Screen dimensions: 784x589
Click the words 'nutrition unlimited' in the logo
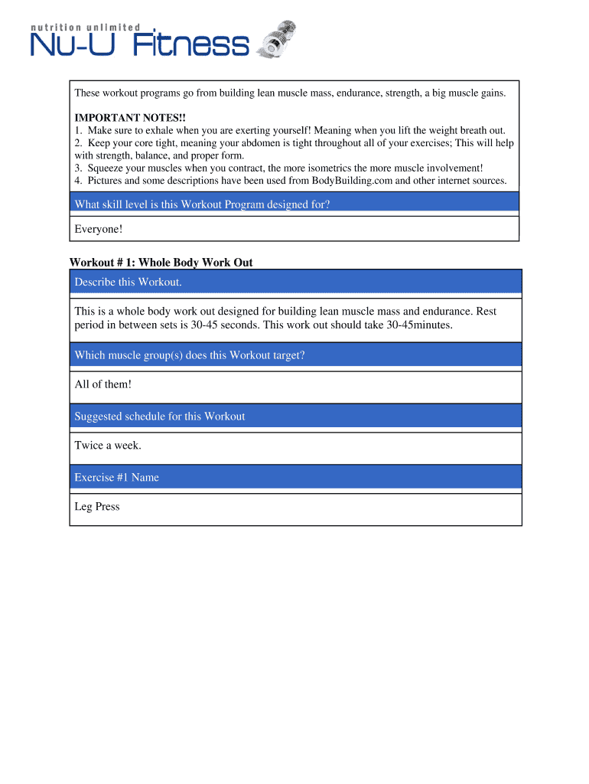(x=85, y=27)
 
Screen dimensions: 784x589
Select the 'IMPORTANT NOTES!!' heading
(x=119, y=118)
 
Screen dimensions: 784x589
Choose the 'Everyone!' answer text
(x=99, y=229)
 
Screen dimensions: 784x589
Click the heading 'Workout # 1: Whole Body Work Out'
(x=161, y=263)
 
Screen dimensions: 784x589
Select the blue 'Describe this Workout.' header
(x=129, y=282)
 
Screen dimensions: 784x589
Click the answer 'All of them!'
(x=103, y=384)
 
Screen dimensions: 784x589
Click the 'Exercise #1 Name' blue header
(x=117, y=478)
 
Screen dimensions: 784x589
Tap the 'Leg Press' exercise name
(x=97, y=507)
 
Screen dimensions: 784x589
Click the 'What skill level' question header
(x=202, y=204)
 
